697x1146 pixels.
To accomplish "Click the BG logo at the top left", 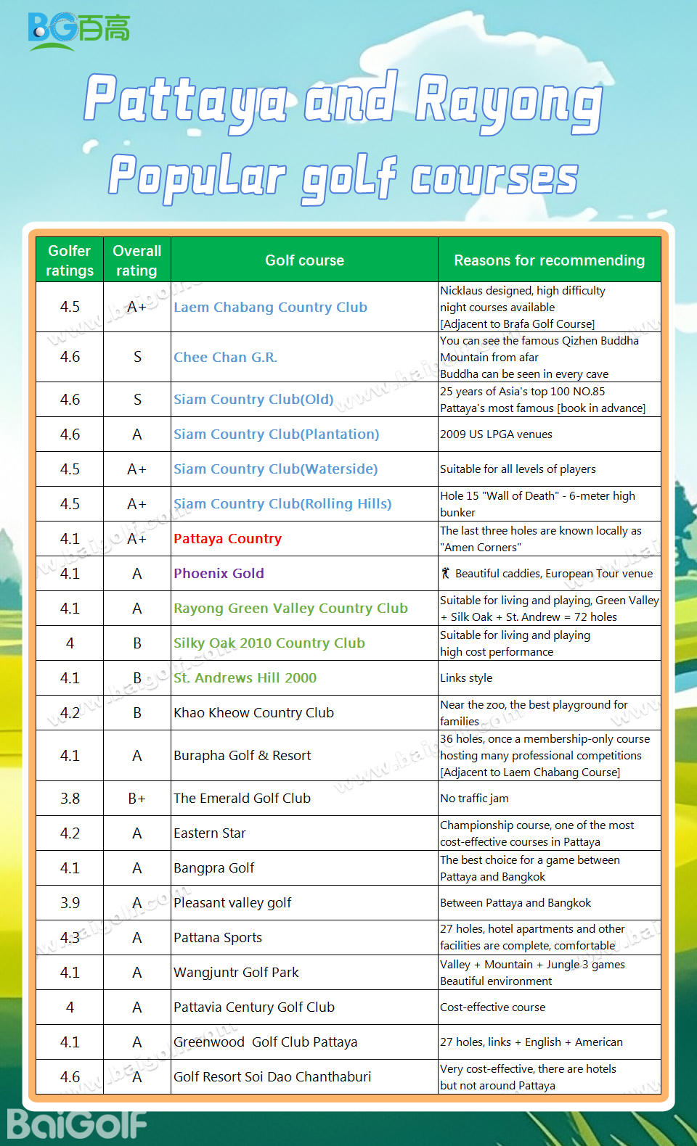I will (x=78, y=30).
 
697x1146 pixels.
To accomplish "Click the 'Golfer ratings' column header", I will (x=70, y=260).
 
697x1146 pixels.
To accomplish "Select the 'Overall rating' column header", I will (x=136, y=260).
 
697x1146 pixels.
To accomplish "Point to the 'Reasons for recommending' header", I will (x=549, y=260).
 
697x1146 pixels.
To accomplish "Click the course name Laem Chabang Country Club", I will (x=270, y=307).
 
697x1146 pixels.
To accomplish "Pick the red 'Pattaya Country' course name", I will (x=227, y=538).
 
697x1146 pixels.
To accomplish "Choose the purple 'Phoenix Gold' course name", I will (x=219, y=573).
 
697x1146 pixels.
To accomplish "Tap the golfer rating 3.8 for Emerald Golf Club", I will (x=70, y=798).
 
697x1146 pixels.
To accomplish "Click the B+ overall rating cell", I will (x=136, y=798).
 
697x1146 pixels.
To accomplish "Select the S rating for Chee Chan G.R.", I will (x=137, y=357).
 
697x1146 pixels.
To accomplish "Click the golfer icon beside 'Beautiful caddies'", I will (x=446, y=573).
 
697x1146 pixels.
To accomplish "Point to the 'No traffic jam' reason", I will (x=474, y=798).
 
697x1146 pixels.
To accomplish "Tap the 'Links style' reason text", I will (x=466, y=677).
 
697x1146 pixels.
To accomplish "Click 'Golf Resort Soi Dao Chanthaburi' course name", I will (x=272, y=1076).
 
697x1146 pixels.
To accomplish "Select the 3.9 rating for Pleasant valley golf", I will (x=70, y=902).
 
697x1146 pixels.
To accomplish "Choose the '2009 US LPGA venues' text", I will (x=496, y=434).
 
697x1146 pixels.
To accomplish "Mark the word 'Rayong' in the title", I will (x=508, y=102).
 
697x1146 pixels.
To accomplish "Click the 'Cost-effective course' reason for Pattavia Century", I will (x=492, y=1007).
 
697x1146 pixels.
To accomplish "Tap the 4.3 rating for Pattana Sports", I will (x=70, y=937).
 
